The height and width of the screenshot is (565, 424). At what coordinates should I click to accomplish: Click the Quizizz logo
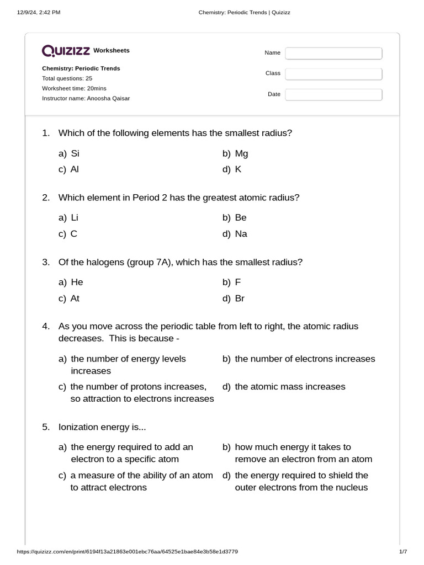pos(66,51)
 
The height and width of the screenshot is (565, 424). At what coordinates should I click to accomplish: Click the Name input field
pos(333,53)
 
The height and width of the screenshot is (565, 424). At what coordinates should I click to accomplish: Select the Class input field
pos(333,73)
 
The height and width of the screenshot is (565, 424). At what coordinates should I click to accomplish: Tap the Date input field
pos(333,94)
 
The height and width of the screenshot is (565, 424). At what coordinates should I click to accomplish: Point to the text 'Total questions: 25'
pos(67,78)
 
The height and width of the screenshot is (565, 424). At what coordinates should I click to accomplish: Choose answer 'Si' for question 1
pos(76,154)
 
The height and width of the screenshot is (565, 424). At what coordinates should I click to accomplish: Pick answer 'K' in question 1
pos(238,169)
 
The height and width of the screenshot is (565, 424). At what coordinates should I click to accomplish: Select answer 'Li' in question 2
pos(75,217)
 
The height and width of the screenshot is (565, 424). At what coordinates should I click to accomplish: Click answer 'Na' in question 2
pos(241,233)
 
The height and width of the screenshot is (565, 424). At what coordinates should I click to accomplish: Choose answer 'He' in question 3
pos(77,282)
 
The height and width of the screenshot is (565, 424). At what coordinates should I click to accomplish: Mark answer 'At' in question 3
pos(75,299)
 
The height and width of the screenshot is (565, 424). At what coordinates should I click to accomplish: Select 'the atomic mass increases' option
pos(290,386)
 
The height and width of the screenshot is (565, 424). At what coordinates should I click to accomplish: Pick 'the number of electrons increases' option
pos(305,359)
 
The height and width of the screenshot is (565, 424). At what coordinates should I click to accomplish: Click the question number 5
pos(46,427)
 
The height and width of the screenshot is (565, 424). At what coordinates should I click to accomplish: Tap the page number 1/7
pos(402,552)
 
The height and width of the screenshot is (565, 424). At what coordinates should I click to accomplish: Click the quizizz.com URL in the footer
pos(128,552)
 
